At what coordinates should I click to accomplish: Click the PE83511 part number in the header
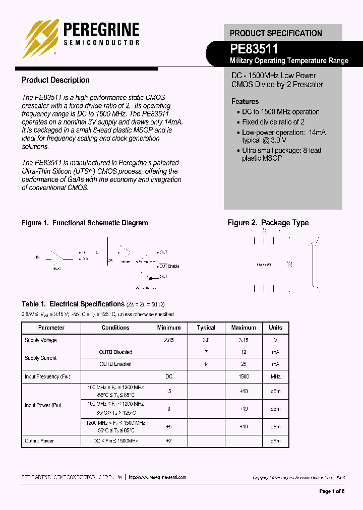[254, 48]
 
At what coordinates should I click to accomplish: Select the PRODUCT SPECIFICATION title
[276, 33]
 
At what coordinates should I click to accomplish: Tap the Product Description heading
[55, 80]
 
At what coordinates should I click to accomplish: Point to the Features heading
[245, 101]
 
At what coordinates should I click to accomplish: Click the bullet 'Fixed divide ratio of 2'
[273, 122]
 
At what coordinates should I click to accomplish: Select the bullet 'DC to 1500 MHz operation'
[280, 112]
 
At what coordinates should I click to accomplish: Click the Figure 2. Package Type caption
[268, 223]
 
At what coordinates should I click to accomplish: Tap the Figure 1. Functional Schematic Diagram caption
[85, 223]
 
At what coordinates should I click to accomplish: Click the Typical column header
[206, 328]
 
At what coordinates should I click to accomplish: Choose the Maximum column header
[244, 328]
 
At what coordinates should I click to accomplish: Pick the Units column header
[276, 328]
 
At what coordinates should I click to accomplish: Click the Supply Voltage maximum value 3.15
[244, 340]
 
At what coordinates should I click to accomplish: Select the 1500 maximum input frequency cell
[244, 376]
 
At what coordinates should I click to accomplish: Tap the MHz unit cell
[276, 376]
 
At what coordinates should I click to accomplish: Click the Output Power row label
[39, 441]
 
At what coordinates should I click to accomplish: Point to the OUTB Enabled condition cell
[115, 364]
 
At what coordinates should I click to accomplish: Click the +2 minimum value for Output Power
[169, 441]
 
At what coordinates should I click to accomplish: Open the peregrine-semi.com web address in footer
[157, 477]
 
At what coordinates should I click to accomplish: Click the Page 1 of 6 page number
[332, 491]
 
